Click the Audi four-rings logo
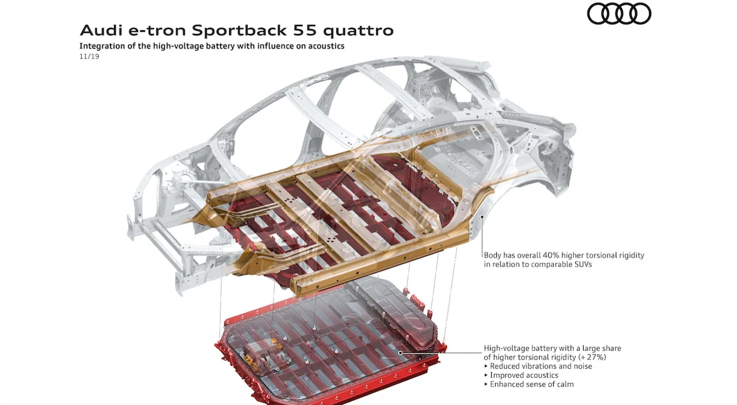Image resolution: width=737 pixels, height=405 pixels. pyautogui.click(x=619, y=13)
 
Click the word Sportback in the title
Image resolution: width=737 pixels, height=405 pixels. pyautogui.click(x=239, y=31)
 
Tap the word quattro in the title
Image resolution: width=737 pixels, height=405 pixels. pyautogui.click(x=358, y=31)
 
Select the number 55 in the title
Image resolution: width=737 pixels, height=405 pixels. pyautogui.click(x=305, y=31)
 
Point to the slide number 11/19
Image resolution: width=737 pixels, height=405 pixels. pyautogui.click(x=89, y=56)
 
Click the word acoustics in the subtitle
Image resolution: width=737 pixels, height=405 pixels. pyautogui.click(x=326, y=46)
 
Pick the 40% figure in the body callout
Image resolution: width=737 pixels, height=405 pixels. pyautogui.click(x=551, y=255)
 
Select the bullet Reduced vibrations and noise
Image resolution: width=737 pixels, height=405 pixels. pyautogui.click(x=538, y=366)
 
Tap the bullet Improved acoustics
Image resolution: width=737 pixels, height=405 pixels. pyautogui.click(x=521, y=376)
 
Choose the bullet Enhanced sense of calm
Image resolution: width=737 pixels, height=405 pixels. pyautogui.click(x=529, y=384)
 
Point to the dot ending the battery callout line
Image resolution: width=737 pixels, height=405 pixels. pyautogui.click(x=400, y=353)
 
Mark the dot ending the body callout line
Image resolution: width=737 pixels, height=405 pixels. pyautogui.click(x=482, y=217)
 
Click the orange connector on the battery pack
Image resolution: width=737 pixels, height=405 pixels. pyautogui.click(x=276, y=343)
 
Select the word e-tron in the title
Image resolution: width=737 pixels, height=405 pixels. pyautogui.click(x=157, y=31)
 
